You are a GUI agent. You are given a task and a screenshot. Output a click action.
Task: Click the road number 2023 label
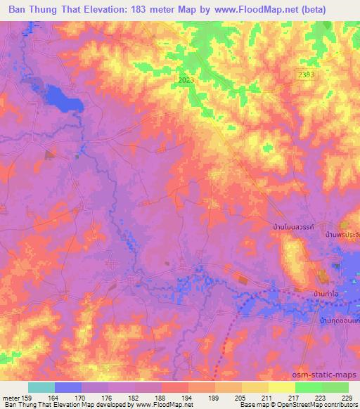point(186,81)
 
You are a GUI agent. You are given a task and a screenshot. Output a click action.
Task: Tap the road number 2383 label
point(307,73)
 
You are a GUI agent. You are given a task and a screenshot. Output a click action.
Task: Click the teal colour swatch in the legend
point(41,387)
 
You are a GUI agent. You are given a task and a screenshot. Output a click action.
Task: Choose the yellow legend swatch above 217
point(282,387)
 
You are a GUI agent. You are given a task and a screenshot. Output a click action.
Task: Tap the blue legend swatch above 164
point(68,387)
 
